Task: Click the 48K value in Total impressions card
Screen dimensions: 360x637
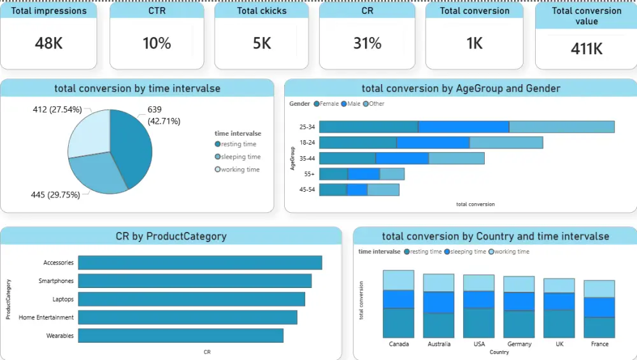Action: [x=48, y=43]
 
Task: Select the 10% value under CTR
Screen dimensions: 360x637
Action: [x=157, y=43]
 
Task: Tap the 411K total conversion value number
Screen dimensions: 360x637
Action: [x=586, y=48]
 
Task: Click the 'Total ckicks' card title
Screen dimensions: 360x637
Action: [x=261, y=11]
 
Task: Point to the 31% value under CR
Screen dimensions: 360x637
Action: [x=367, y=43]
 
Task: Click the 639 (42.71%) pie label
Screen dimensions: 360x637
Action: [x=164, y=115]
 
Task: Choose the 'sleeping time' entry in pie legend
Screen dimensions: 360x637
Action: [x=240, y=157]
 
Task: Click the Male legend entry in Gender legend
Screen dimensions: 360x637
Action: [x=352, y=104]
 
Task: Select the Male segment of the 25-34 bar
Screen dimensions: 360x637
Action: [x=463, y=127]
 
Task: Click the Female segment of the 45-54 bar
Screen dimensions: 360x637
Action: [x=333, y=190]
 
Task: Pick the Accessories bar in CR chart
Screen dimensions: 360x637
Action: [x=199, y=263]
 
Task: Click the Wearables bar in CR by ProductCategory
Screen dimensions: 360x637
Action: [x=180, y=336]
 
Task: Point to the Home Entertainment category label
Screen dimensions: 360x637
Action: [x=46, y=317]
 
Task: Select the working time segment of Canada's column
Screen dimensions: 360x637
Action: [x=398, y=280]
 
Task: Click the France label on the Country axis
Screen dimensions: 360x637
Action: [x=599, y=344]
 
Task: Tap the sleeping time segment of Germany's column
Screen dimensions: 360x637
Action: [x=519, y=301]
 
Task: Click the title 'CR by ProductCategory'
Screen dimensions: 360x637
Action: [x=171, y=236]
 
